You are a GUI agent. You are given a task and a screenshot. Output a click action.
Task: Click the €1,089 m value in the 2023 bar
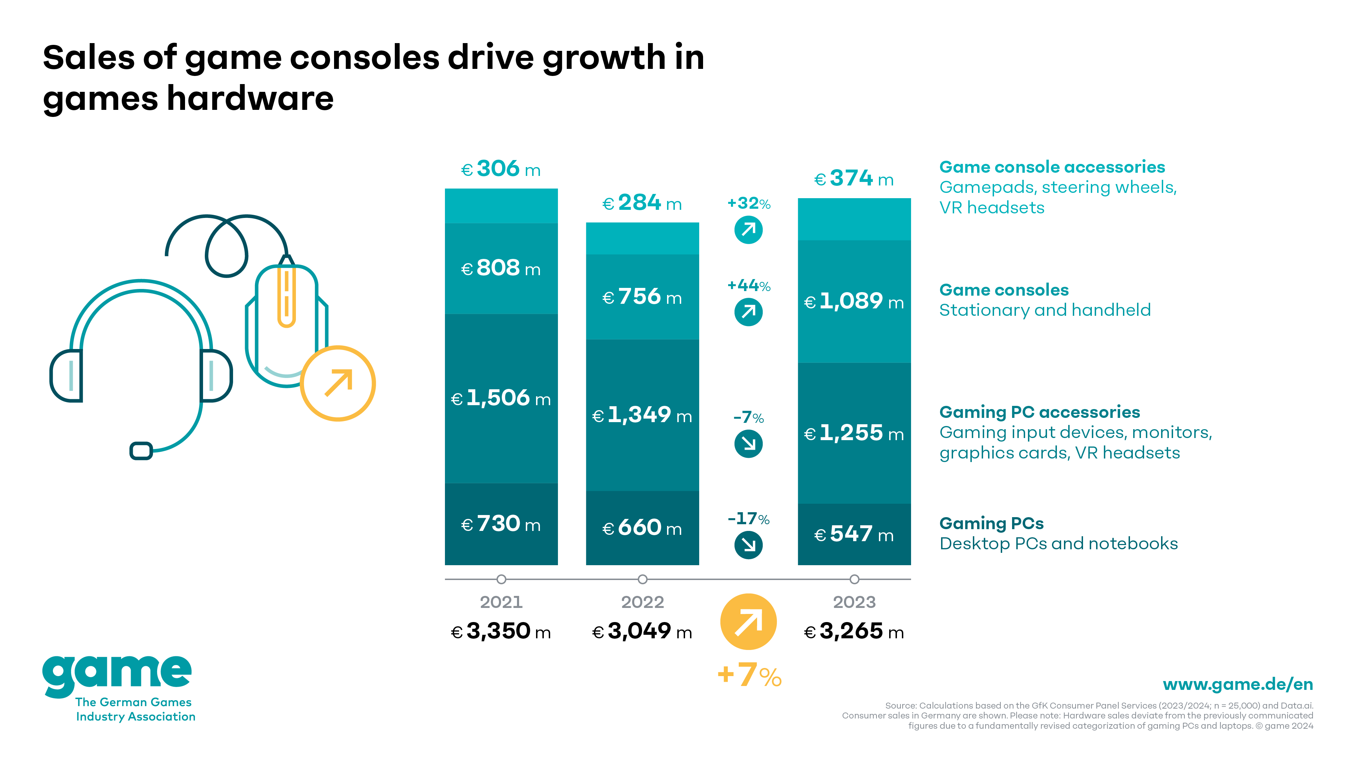(x=854, y=301)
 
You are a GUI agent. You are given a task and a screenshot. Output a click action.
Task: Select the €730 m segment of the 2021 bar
(x=501, y=524)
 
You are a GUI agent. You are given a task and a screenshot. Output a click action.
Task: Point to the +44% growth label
(x=749, y=286)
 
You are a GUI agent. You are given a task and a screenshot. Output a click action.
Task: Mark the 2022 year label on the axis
(x=642, y=602)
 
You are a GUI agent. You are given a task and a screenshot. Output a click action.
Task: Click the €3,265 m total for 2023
(x=854, y=631)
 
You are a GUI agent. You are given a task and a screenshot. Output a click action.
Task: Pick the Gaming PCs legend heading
(x=991, y=524)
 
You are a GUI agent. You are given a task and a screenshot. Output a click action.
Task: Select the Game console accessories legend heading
(x=1052, y=167)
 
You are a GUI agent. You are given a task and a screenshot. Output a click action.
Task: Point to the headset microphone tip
(x=141, y=451)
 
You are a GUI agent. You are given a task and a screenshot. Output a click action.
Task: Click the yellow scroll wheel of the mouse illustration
(x=286, y=297)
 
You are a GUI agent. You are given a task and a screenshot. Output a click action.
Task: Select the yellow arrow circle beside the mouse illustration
(x=338, y=383)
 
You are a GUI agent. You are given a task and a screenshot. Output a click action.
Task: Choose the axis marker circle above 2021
(x=501, y=579)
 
